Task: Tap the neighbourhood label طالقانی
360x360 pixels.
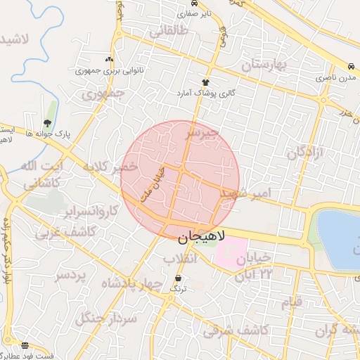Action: (x=169, y=31)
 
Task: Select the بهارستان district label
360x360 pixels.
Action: (x=265, y=65)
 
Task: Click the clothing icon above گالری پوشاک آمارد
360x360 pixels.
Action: (x=205, y=82)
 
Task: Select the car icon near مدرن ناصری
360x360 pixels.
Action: (x=350, y=63)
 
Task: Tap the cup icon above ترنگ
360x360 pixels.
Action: (x=177, y=278)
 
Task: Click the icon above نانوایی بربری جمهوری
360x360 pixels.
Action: (x=108, y=60)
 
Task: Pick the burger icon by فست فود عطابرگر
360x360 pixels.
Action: (x=25, y=345)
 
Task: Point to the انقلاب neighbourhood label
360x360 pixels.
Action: (x=181, y=259)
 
